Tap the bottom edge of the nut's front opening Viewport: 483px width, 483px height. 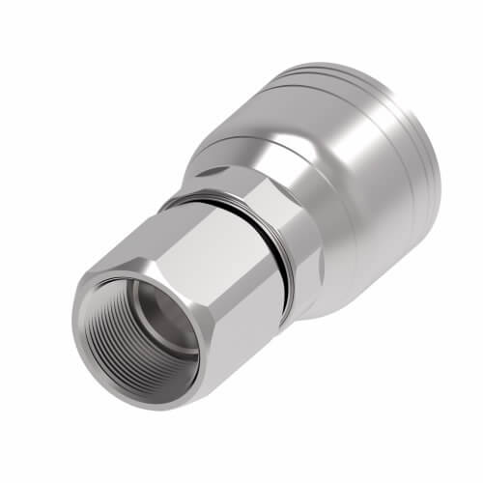click(145, 386)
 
